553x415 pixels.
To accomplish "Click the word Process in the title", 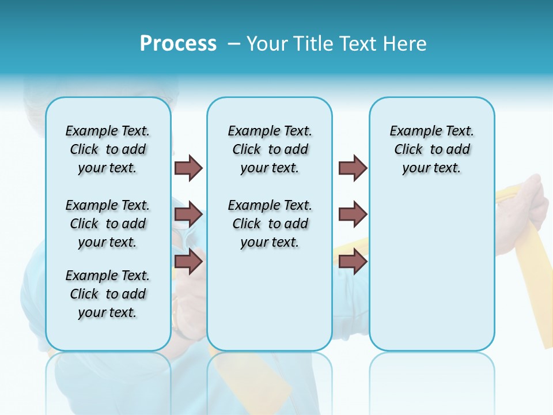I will [x=178, y=44].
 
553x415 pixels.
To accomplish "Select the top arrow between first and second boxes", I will [x=189, y=168].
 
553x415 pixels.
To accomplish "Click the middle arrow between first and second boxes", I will [x=189, y=214].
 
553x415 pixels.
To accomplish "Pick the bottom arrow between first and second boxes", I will [x=189, y=261].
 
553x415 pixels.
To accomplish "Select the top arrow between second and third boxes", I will [x=353, y=168].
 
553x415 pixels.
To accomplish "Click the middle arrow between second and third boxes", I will [x=353, y=214].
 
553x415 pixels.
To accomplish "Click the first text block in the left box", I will [x=108, y=149].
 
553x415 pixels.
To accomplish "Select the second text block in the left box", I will [x=108, y=224].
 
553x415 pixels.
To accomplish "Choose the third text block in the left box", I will [x=108, y=294].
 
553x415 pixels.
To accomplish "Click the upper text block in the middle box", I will [x=270, y=149].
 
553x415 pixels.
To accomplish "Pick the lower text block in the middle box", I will [x=270, y=224].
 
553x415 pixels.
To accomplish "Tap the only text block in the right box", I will [x=431, y=149].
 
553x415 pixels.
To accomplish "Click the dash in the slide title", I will [x=234, y=44].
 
